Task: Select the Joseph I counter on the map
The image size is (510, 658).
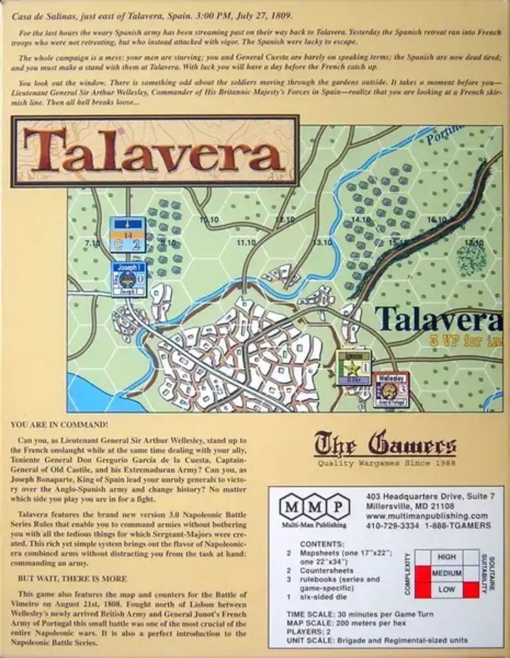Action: [x=129, y=279]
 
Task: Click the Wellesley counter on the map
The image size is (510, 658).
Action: [x=391, y=389]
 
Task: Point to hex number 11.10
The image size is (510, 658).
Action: [x=247, y=243]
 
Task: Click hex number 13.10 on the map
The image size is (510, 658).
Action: [x=322, y=243]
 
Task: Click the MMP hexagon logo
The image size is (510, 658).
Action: [x=314, y=506]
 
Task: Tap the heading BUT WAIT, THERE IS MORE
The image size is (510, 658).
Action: [x=69, y=578]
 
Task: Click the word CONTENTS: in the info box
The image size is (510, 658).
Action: [x=322, y=544]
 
